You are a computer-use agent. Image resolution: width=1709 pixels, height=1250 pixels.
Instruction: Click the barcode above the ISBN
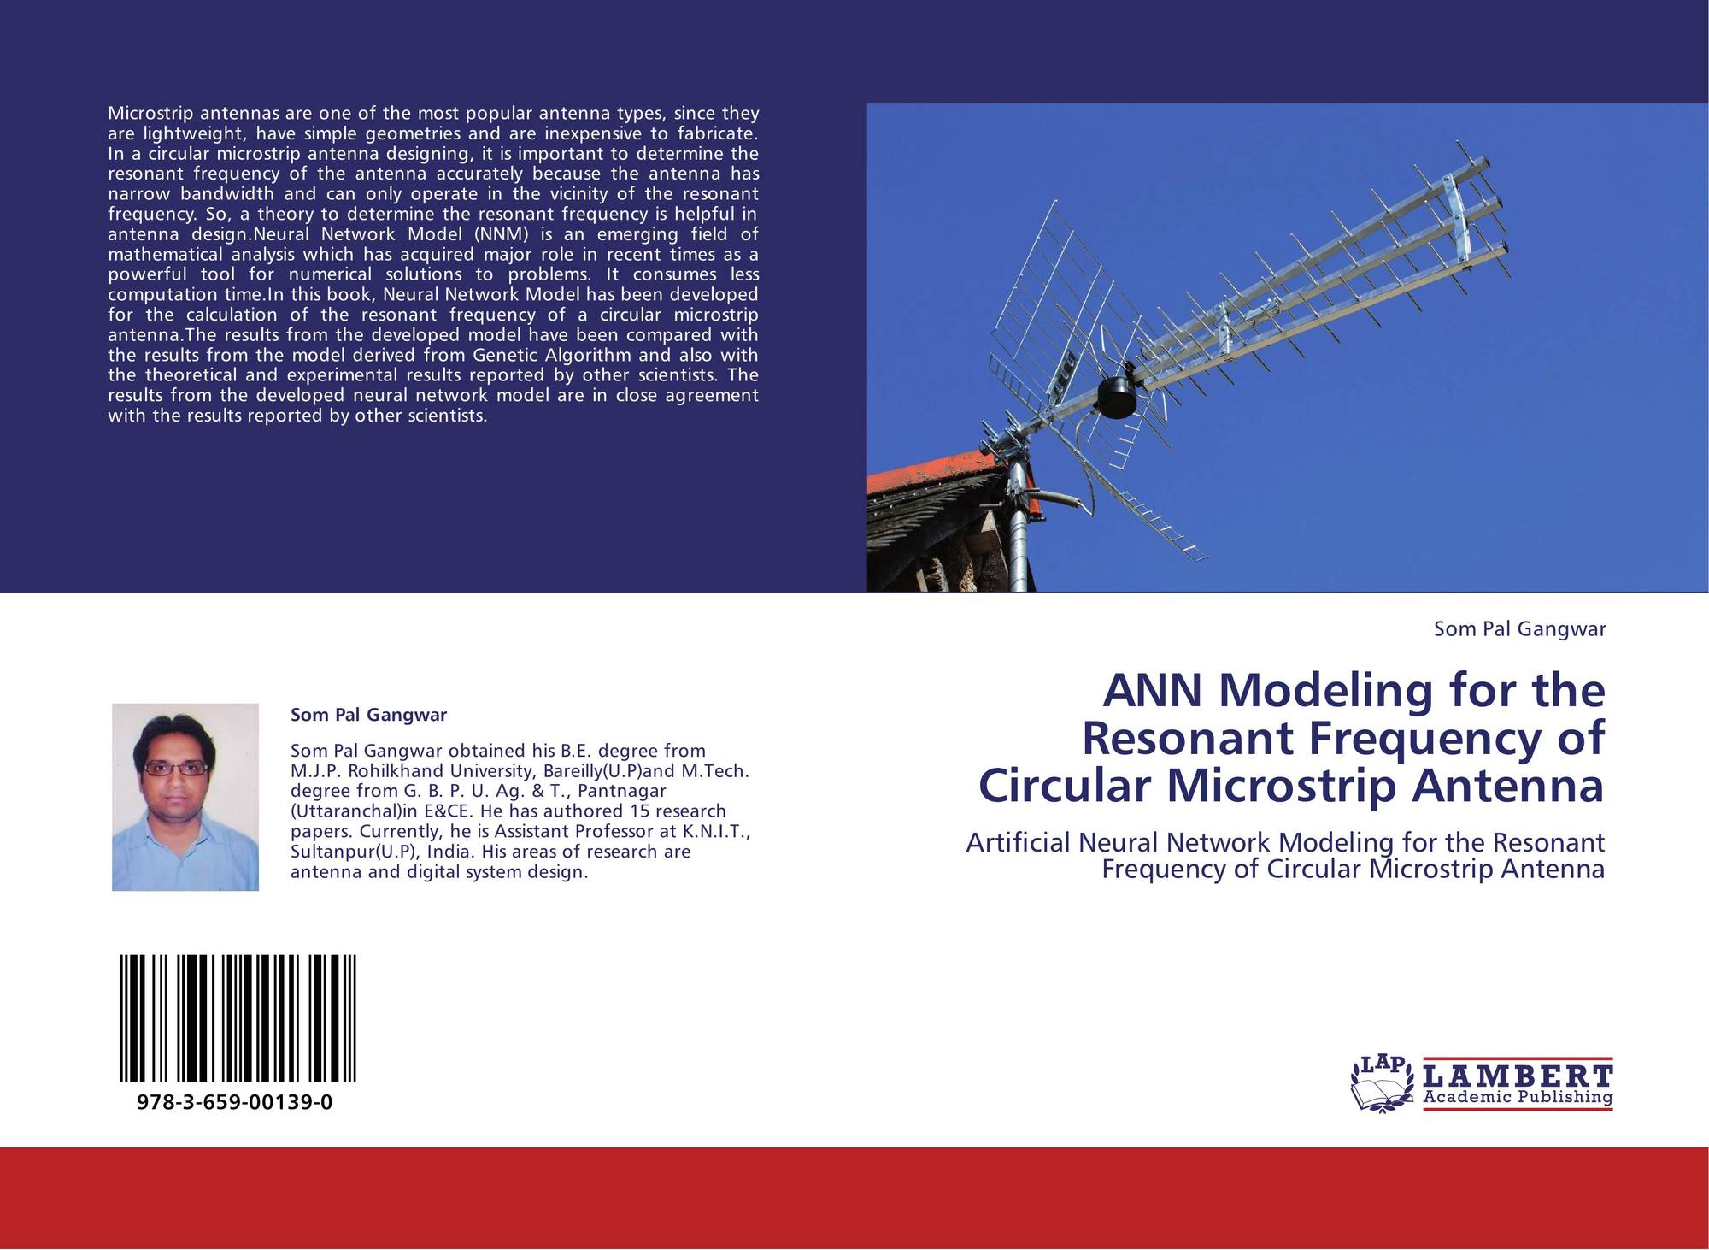pos(238,1019)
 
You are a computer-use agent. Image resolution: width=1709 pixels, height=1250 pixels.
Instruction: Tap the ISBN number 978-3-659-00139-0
pos(234,1102)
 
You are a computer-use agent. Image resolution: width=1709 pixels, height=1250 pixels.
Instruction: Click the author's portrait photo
pos(185,797)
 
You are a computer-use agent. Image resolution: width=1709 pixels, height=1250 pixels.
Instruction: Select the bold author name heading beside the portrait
pos(368,715)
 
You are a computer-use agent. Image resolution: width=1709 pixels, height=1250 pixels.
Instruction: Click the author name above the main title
pos(1519,629)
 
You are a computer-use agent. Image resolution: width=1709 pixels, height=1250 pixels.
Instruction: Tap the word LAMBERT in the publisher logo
pos(1518,1076)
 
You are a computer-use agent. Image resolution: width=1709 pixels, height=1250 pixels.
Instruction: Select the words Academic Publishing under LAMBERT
pos(1518,1097)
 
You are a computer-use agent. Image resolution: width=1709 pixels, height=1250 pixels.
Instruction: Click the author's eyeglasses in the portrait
pos(175,769)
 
